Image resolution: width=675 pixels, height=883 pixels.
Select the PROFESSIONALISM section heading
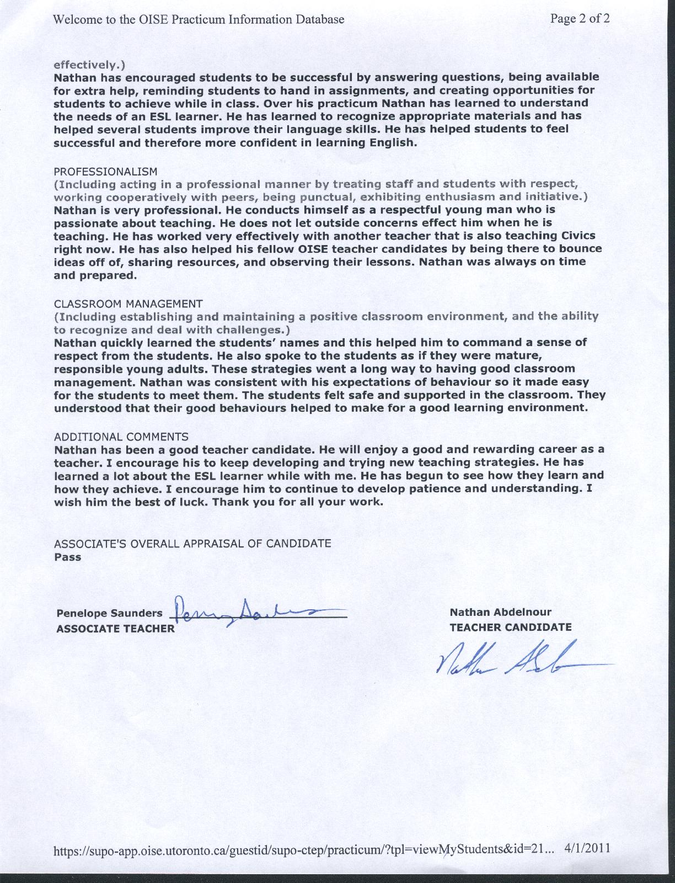click(105, 171)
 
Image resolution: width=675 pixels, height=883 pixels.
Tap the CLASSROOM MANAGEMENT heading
click(128, 304)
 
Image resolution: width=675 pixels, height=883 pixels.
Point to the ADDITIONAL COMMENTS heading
click(121, 437)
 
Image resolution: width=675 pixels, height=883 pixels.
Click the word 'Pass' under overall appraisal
click(68, 557)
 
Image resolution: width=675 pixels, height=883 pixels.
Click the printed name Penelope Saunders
click(109, 613)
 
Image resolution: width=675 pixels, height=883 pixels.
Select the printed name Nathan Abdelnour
click(500, 612)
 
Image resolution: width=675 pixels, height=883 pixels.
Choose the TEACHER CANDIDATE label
click(510, 627)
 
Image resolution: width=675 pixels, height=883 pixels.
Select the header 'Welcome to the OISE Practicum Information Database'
click(199, 19)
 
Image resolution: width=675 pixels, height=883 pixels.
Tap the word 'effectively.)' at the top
click(89, 63)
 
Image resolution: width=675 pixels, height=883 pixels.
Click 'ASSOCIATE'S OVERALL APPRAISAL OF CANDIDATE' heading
click(192, 543)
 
